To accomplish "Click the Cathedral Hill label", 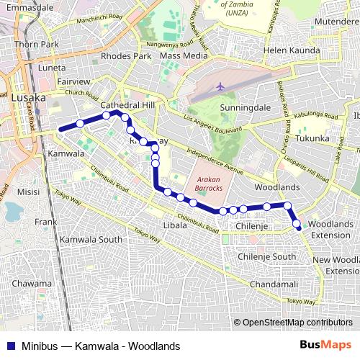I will click(128, 104).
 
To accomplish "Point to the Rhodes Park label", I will click(127, 56).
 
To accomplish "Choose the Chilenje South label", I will click(266, 256).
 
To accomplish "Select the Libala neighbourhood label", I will click(175, 225).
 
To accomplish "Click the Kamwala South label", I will click(91, 239).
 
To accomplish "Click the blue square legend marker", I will click(9, 346).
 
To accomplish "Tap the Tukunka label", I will click(312, 138).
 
